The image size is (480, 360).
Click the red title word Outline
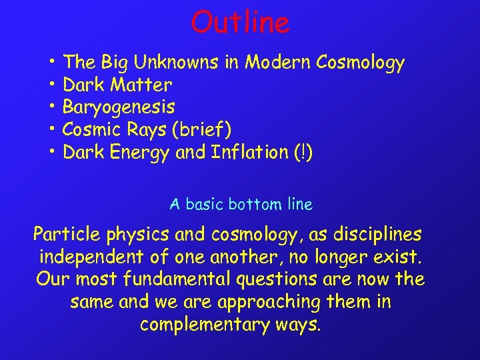[240, 23]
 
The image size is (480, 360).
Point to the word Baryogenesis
[119, 107]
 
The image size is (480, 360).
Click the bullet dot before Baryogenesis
[51, 107]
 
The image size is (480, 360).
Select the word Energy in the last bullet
[139, 153]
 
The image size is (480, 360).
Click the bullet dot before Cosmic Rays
[51, 129]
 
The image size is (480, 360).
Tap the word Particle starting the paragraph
[65, 235]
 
